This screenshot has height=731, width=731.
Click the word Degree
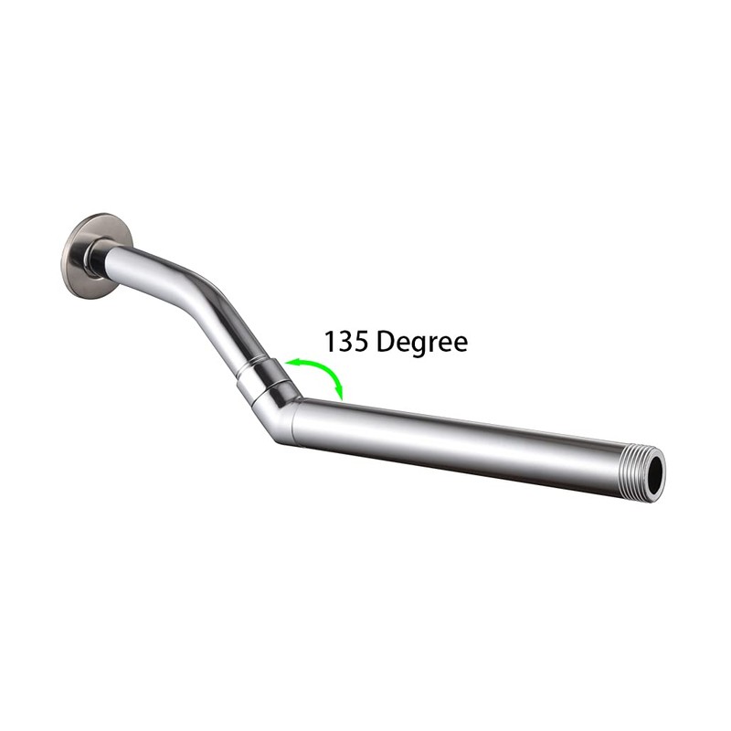tap(421, 344)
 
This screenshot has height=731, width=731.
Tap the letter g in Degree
tap(416, 346)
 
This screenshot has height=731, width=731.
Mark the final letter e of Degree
tap(460, 344)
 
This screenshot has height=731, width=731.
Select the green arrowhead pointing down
tap(340, 394)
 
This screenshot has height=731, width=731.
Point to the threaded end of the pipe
tap(645, 473)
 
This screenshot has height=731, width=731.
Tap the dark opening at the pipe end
tap(656, 475)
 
